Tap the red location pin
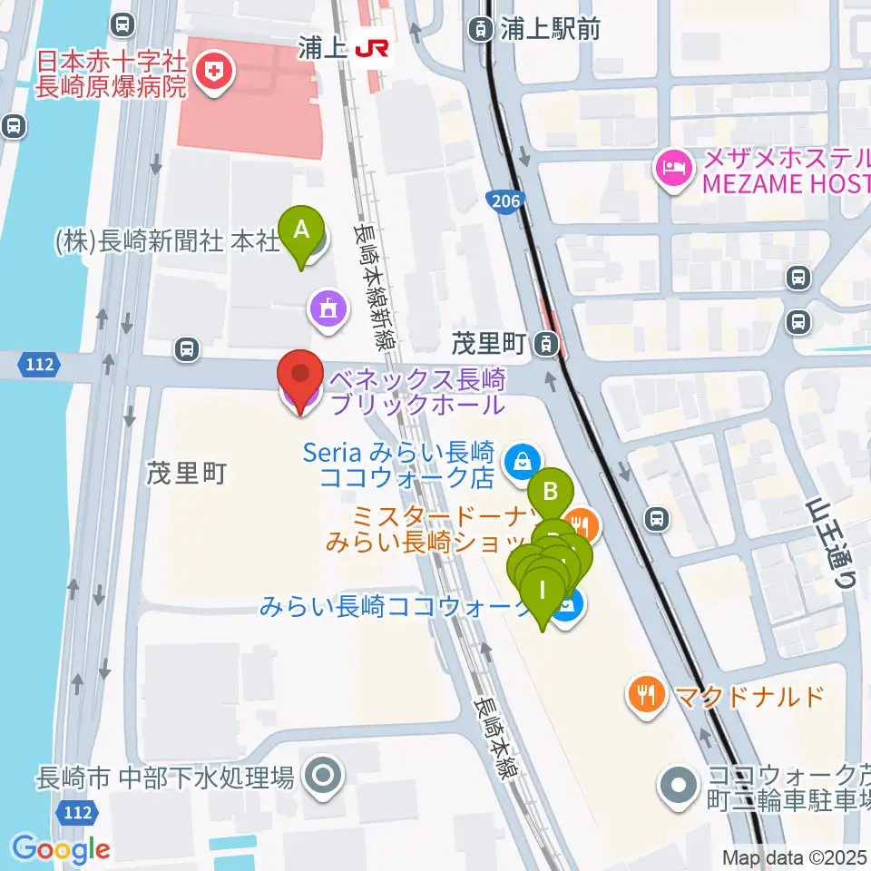tap(300, 376)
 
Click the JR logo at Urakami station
tap(371, 48)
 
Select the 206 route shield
tap(504, 200)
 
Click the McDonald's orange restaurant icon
tap(647, 695)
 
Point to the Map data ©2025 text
tap(794, 857)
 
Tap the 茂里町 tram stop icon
tap(546, 344)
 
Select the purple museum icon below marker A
tap(327, 308)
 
